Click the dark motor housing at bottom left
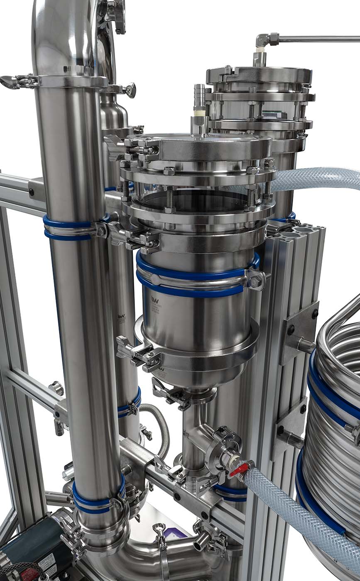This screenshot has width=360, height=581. pyautogui.click(x=25, y=539)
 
